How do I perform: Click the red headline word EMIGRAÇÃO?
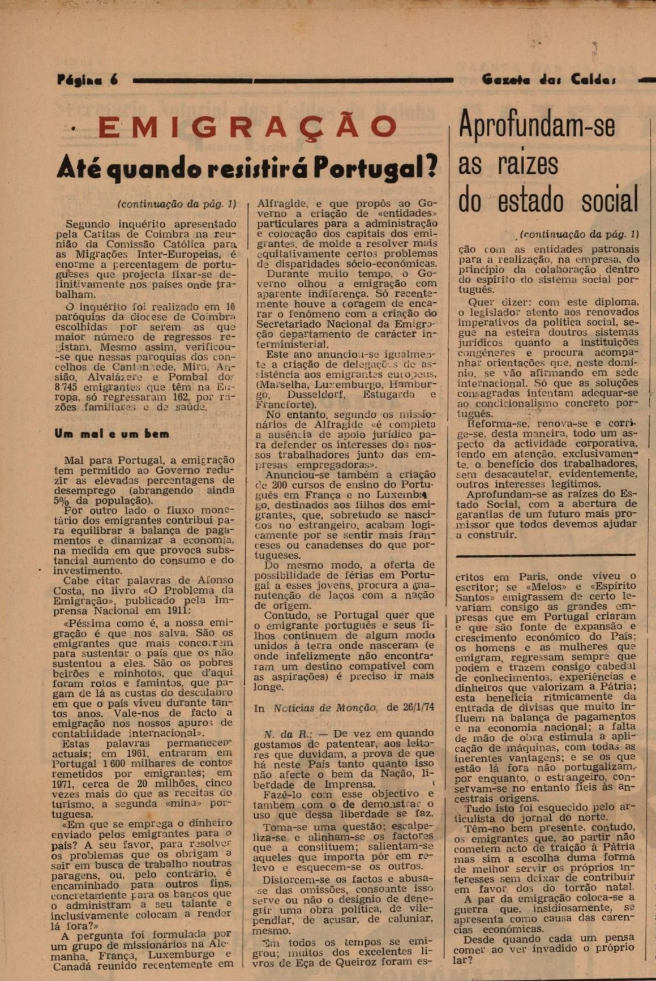(x=248, y=127)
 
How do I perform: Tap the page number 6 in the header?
(x=114, y=80)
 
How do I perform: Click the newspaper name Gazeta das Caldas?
(x=548, y=80)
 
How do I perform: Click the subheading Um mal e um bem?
(x=112, y=434)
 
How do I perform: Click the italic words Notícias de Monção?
(x=325, y=708)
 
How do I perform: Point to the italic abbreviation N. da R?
(x=281, y=734)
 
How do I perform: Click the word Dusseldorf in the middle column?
(x=321, y=395)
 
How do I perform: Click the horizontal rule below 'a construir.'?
(x=546, y=555)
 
